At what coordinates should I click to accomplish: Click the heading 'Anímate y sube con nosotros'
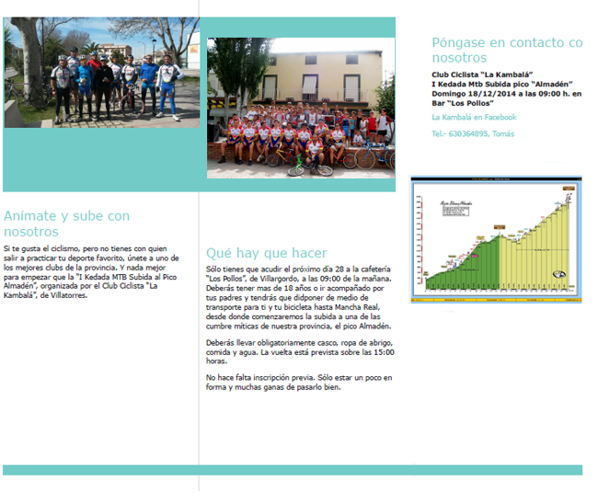66,224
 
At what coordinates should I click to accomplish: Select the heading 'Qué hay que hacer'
267,253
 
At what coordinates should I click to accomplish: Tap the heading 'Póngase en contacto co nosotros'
507,50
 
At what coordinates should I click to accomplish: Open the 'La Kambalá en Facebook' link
474,118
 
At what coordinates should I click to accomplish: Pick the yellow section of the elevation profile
543,248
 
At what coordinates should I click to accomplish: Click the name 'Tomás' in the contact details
504,134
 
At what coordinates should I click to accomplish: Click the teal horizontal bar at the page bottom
293,470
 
